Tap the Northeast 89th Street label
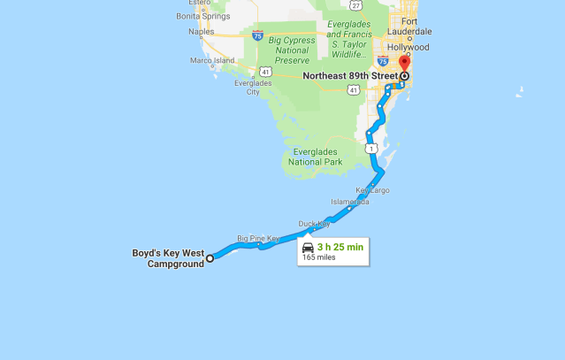[x=351, y=77]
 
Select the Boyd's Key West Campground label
[x=175, y=258]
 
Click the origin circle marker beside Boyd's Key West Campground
[x=210, y=258]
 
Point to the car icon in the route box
[x=308, y=248]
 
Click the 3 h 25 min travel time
[x=340, y=247]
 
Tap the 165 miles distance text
[x=319, y=258]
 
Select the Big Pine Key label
[x=258, y=238]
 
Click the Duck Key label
[x=314, y=224]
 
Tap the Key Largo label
[x=372, y=190]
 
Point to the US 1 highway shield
[x=375, y=147]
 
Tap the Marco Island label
[x=212, y=61]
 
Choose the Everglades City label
[x=253, y=87]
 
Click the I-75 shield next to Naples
[x=256, y=35]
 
